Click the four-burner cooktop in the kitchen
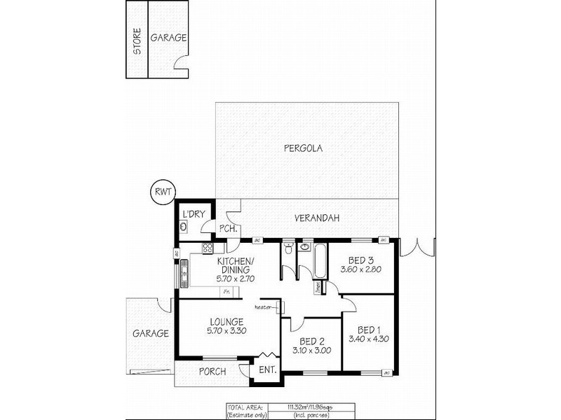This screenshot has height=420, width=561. [x=208, y=248]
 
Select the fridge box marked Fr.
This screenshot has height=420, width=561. [x=226, y=290]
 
